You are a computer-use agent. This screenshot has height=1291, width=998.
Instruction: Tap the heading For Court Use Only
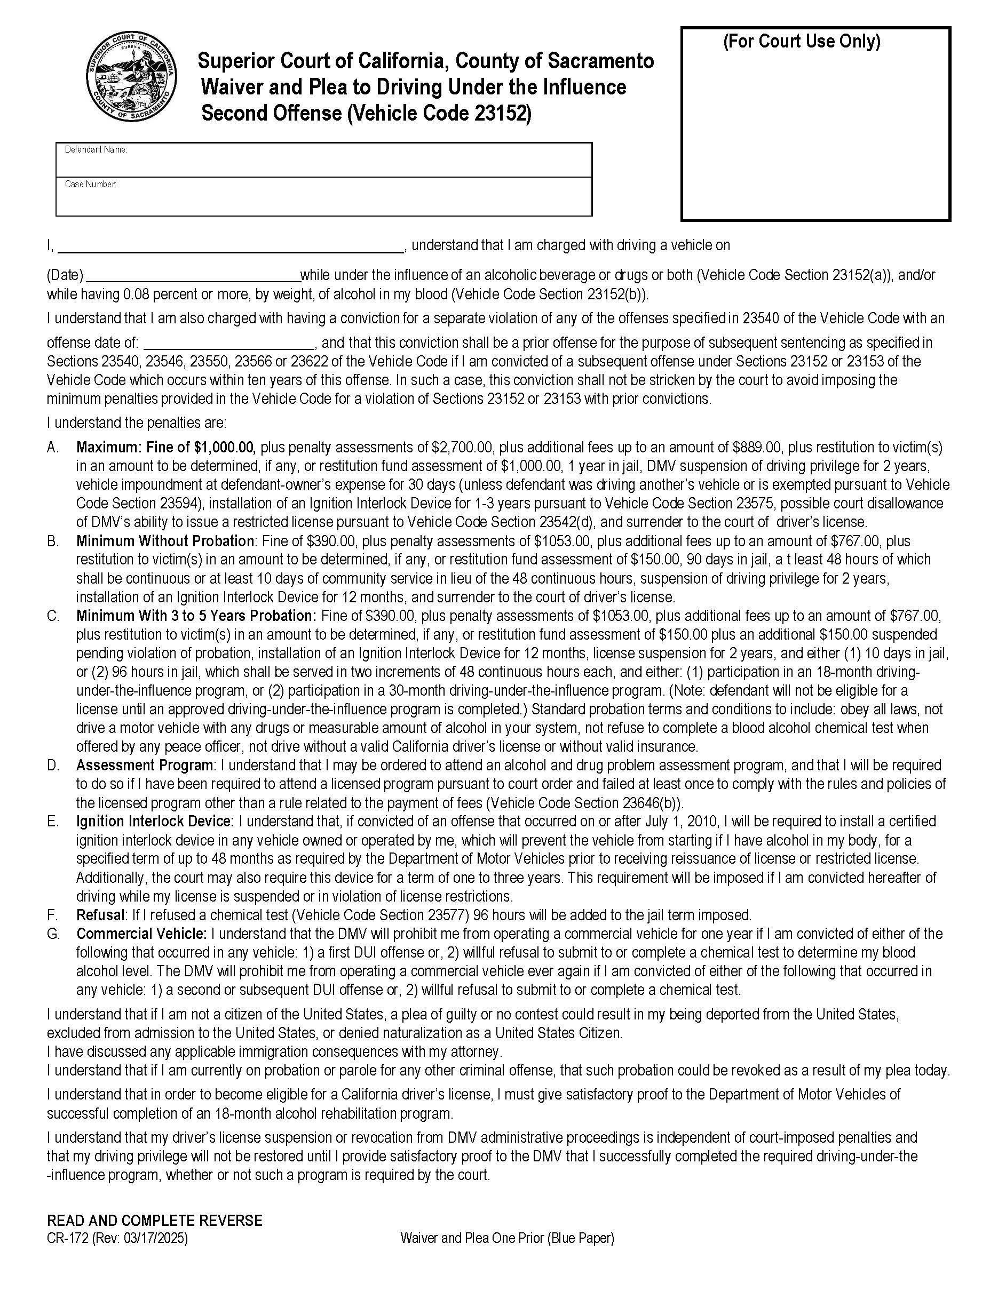click(802, 42)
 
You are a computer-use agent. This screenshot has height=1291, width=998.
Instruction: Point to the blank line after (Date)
click(193, 275)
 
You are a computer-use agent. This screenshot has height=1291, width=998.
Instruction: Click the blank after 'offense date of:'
click(229, 343)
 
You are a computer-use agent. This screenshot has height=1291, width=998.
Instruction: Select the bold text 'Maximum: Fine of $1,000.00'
click(165, 448)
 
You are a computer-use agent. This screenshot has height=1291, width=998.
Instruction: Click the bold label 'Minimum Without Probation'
click(165, 541)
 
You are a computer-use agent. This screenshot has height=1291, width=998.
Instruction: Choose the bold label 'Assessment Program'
click(144, 765)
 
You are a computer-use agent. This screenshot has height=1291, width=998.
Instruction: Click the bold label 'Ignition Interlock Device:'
click(155, 821)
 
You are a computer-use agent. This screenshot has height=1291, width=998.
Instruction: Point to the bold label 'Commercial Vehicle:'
click(141, 934)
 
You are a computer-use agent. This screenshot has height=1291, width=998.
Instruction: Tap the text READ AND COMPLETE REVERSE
click(154, 1221)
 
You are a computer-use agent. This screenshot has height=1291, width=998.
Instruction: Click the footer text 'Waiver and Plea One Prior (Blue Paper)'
click(506, 1238)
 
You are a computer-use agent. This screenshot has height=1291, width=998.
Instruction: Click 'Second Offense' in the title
click(271, 113)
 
